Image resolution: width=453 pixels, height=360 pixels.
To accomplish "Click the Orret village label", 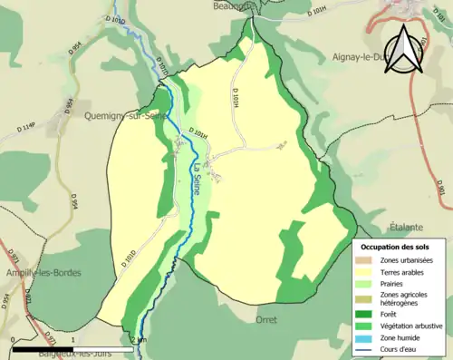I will pyautogui.click(x=266, y=319).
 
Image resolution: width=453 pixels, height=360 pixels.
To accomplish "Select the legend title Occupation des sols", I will pyautogui.click(x=397, y=247).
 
